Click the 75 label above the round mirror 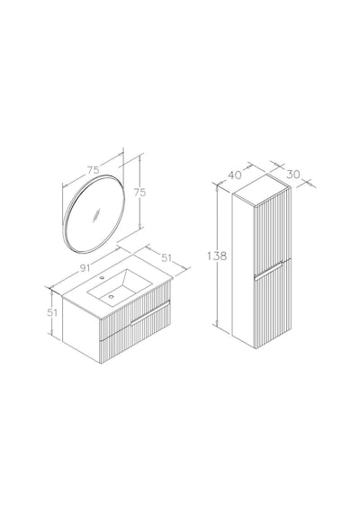pyautogui.click(x=94, y=170)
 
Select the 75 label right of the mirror pyautogui.click(x=139, y=193)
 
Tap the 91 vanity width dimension pyautogui.click(x=85, y=268)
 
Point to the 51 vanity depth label pyautogui.click(x=166, y=257)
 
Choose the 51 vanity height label pyautogui.click(x=52, y=312)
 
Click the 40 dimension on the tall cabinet pyautogui.click(x=234, y=175)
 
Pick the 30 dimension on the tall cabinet pyautogui.click(x=292, y=174)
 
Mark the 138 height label pyautogui.click(x=217, y=256)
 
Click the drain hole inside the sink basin pyautogui.click(x=112, y=297)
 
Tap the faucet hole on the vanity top pyautogui.click(x=102, y=278)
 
